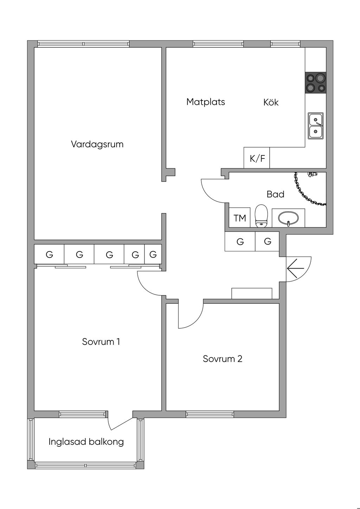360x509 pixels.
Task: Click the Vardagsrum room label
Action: tap(97, 144)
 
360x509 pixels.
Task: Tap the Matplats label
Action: tap(206, 102)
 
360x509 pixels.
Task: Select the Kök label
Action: tap(271, 102)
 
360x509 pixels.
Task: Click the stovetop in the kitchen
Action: tap(315, 83)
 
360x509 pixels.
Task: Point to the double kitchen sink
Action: tap(316, 126)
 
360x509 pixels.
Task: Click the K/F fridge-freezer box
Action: tap(257, 158)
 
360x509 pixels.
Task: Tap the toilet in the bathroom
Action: tap(261, 216)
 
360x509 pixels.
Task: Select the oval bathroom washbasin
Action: tap(288, 218)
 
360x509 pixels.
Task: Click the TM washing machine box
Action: tap(240, 218)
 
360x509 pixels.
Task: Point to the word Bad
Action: tap(275, 194)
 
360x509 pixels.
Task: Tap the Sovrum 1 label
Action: tap(101, 342)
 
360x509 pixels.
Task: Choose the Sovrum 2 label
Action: tap(223, 359)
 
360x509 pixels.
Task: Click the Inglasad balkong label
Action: tap(86, 442)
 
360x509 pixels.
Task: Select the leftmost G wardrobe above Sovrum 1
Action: tap(49, 254)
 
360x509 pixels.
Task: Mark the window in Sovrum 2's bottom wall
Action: tap(210, 414)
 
